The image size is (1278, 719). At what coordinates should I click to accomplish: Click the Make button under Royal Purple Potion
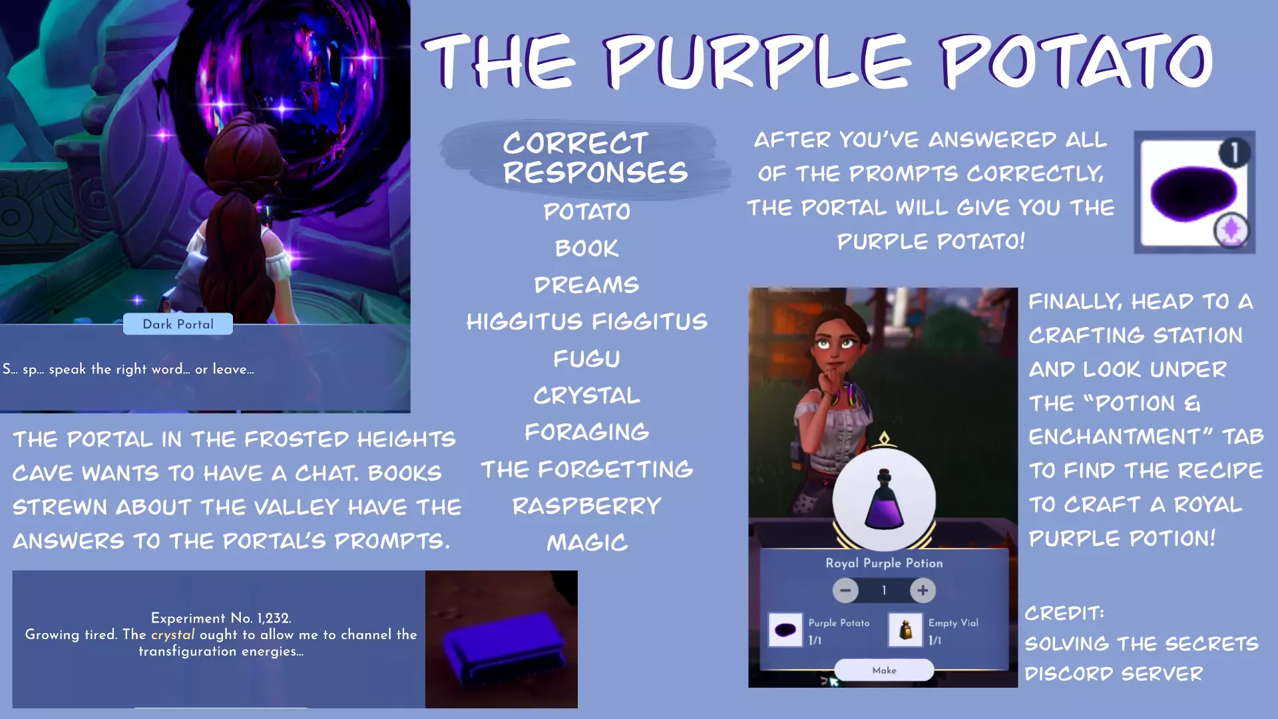(x=884, y=670)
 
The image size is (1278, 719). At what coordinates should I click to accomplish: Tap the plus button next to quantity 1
(x=923, y=590)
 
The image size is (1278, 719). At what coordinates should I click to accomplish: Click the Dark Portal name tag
(x=178, y=324)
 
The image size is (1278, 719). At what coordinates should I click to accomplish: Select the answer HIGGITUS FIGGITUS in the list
(x=586, y=322)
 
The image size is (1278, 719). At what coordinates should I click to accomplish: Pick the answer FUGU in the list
(x=586, y=359)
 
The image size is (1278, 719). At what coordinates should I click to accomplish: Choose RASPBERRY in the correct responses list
(x=586, y=506)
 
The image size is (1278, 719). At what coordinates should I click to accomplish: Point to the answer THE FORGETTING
(x=586, y=469)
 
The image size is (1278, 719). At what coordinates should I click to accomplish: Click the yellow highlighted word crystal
(x=173, y=634)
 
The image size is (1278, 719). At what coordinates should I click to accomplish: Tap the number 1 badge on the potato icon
(x=1234, y=152)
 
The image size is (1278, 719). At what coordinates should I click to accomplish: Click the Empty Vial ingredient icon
(x=905, y=630)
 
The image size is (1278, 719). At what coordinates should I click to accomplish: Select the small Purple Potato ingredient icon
(x=785, y=630)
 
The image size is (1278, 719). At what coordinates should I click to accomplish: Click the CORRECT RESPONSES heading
(x=594, y=158)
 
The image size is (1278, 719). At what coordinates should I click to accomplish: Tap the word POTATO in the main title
(x=1076, y=61)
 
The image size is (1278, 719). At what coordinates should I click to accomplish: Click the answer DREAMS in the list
(x=586, y=285)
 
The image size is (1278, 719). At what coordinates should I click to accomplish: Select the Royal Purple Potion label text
(x=884, y=563)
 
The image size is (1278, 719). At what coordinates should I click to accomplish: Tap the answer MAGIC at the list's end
(x=586, y=543)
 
